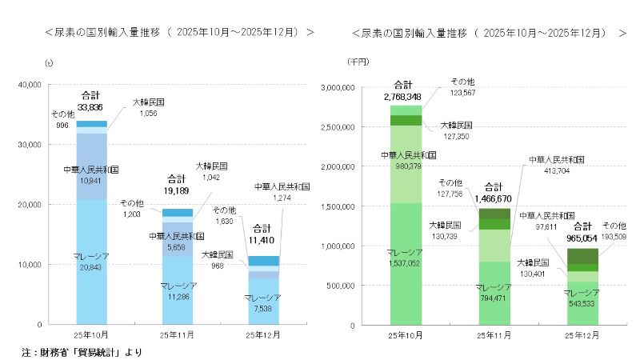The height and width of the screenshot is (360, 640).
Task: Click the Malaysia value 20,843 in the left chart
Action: click(90, 268)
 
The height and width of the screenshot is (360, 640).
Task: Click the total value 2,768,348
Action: click(402, 96)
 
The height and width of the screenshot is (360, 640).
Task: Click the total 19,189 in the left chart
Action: click(175, 193)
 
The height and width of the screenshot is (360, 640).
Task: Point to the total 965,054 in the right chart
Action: click(582, 238)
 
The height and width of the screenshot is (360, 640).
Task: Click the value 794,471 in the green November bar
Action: click(493, 297)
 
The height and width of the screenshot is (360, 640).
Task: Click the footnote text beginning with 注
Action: click(82, 351)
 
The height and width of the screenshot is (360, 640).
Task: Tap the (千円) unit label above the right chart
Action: click(358, 62)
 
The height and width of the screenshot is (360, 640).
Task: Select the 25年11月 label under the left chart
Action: click(175, 334)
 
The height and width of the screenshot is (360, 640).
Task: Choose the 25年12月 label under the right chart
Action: click(582, 334)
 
